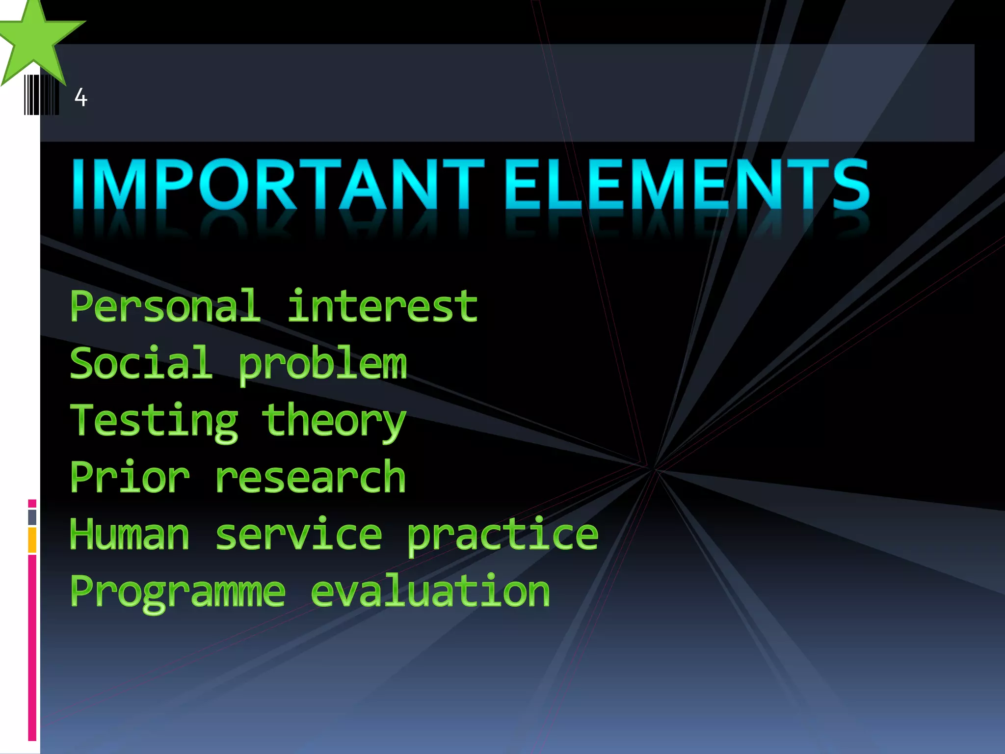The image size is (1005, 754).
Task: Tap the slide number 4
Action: [81, 97]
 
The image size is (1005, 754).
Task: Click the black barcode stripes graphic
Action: [41, 95]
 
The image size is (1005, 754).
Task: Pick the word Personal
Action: [165, 306]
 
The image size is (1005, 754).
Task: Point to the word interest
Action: [382, 306]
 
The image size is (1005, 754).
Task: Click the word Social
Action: [141, 363]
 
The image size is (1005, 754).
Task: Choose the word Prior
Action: [130, 477]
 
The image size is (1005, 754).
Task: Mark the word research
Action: [310, 478]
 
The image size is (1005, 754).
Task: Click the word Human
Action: [130, 534]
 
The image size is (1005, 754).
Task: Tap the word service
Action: [298, 534]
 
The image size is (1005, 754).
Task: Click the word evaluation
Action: [430, 592]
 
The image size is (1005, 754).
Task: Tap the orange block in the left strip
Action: [32, 539]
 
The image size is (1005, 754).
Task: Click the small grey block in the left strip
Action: [32, 517]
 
